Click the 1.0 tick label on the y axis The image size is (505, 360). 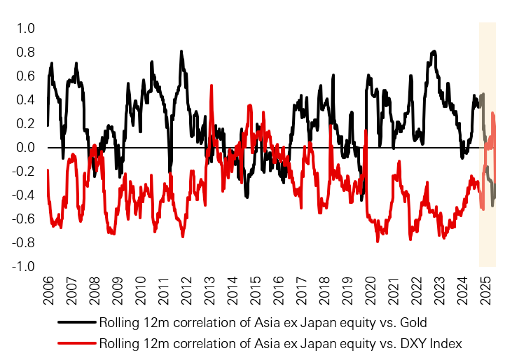coord(26,29)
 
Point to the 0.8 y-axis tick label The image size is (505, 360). coord(26,53)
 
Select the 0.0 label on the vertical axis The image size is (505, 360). coord(26,148)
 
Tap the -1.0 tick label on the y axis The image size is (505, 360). coord(24,267)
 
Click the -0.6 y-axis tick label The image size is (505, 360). coord(24,219)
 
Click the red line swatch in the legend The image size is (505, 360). coord(77,344)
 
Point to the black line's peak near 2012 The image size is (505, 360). coord(181,51)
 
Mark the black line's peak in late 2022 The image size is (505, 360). coord(434,51)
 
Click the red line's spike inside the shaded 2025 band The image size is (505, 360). coord(492,113)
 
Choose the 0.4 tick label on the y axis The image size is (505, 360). coord(26,100)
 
